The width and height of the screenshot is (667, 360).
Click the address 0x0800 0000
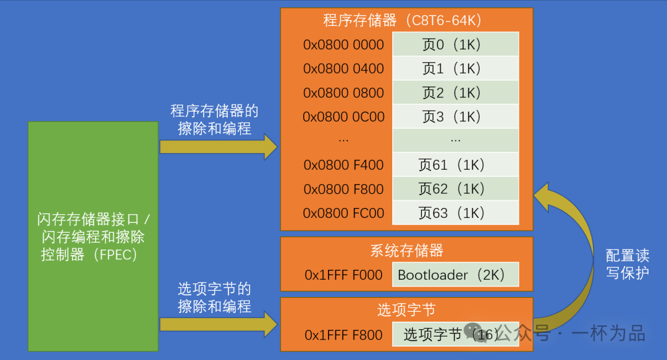pos(343,44)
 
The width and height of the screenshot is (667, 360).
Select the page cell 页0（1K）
pos(455,44)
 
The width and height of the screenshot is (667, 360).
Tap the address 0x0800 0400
pos(343,69)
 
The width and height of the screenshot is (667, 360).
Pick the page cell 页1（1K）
pos(455,69)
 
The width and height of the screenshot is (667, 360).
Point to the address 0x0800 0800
pos(343,93)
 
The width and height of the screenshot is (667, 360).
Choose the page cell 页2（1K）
pos(455,93)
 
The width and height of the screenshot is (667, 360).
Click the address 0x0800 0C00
pos(343,117)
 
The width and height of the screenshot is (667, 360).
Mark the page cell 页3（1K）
pos(455,117)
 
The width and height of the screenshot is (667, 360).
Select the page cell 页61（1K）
pos(455,165)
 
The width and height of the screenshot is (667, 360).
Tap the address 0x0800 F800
pos(343,189)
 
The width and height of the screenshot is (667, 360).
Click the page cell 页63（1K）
pos(455,213)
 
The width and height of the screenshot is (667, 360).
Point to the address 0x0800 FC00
pos(343,213)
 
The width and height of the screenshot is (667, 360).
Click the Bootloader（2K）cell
pos(455,275)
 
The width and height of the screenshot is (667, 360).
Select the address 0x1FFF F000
pos(343,275)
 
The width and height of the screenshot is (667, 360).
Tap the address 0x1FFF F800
pos(343,335)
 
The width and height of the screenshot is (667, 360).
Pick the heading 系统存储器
pos(406,250)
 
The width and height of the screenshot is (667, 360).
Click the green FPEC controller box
pos(93,236)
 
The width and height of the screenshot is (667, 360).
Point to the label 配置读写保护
pos(627,264)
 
